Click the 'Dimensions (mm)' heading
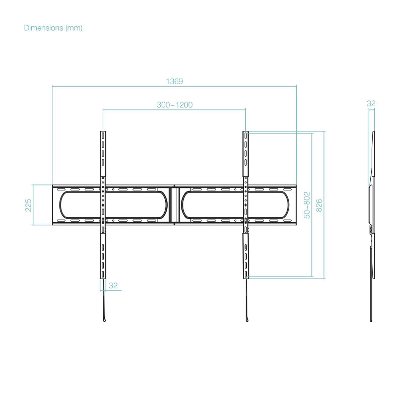pyautogui.click(x=53, y=28)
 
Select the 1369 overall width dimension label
pyautogui.click(x=174, y=81)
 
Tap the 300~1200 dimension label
pyautogui.click(x=175, y=105)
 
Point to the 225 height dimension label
pyautogui.click(x=28, y=205)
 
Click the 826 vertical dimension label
pyautogui.click(x=319, y=205)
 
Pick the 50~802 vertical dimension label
pyautogui.click(x=307, y=205)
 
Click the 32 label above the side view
pyautogui.click(x=371, y=103)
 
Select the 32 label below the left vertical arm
pyautogui.click(x=113, y=286)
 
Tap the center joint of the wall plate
pyautogui.click(x=174, y=205)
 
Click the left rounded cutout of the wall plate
pyautogui.click(x=113, y=205)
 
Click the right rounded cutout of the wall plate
pyautogui.click(x=235, y=205)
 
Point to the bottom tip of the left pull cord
pyautogui.click(x=104, y=321)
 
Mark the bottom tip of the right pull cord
pyautogui.click(x=247, y=321)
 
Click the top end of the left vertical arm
pyautogui.click(x=103, y=131)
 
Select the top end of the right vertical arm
pyautogui.click(x=246, y=131)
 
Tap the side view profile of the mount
pyautogui.click(x=372, y=226)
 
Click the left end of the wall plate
pyautogui.click(x=52, y=205)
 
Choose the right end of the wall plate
pyautogui.click(x=296, y=205)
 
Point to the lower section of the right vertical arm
pyautogui.click(x=246, y=256)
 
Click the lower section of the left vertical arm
pyautogui.click(x=103, y=256)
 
